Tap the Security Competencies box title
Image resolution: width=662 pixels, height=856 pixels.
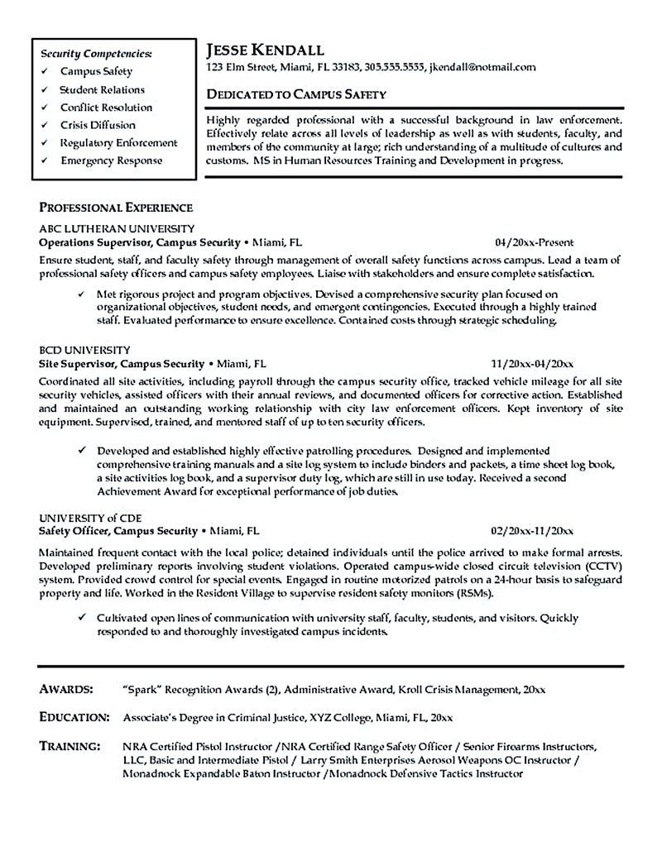(97, 54)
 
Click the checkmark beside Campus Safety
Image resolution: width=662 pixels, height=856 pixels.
(43, 72)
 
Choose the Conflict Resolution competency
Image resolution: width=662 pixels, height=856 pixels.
(106, 108)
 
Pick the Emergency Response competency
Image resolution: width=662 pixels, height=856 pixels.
(111, 160)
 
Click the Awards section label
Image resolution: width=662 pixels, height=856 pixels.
(65, 666)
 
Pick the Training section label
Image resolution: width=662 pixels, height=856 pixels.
(71, 722)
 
